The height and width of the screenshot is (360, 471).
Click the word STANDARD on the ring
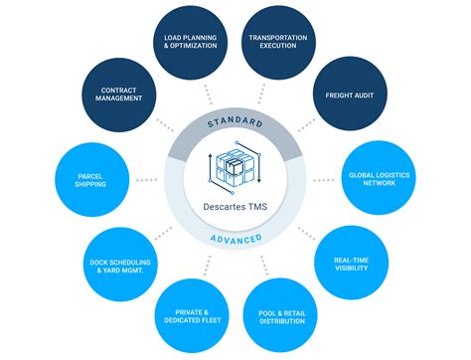(235, 122)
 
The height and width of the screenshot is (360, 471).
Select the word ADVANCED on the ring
(235, 239)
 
